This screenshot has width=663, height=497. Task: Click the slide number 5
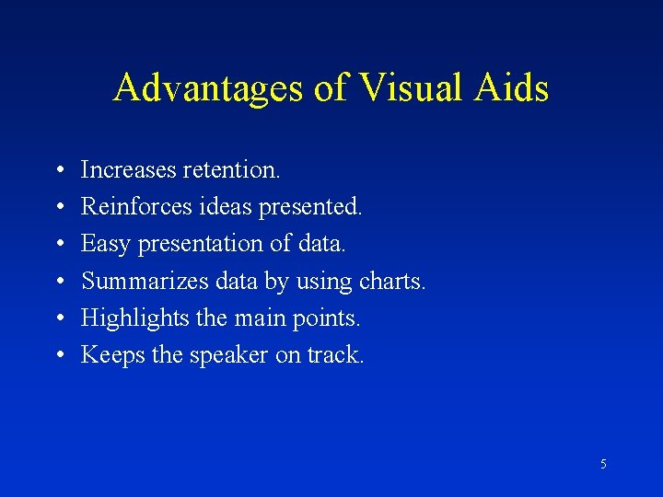(603, 465)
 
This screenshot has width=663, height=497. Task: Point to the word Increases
(127, 169)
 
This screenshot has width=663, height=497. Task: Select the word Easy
(105, 244)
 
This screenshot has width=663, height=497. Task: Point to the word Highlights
(134, 318)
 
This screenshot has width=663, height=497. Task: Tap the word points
(328, 318)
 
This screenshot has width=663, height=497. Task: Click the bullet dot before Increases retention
(58, 171)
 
